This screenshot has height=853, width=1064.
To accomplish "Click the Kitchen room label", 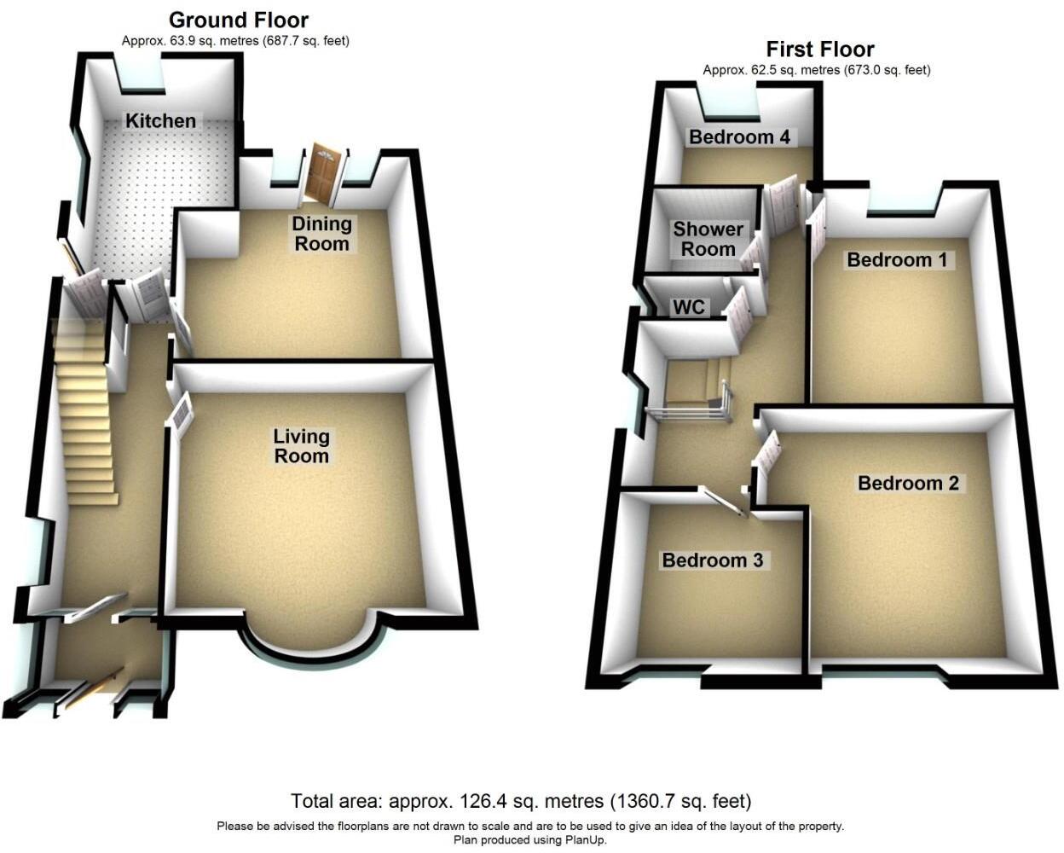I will tap(160, 121).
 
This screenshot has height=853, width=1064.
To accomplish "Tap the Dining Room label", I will tap(321, 234).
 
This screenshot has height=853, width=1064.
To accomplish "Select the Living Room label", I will tap(301, 446).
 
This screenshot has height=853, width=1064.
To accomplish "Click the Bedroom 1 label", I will tap(897, 260).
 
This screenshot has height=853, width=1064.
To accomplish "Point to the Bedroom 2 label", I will tap(908, 484).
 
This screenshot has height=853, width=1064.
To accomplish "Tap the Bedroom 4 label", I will tap(739, 137).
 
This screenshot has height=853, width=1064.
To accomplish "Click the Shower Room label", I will tap(708, 240).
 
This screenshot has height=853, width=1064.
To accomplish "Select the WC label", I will tap(689, 307).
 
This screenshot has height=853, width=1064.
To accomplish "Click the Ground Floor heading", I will tap(239, 20).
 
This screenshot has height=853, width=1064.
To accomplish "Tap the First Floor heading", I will tap(820, 49).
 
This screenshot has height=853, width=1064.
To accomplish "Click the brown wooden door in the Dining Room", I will tap(324, 175).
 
